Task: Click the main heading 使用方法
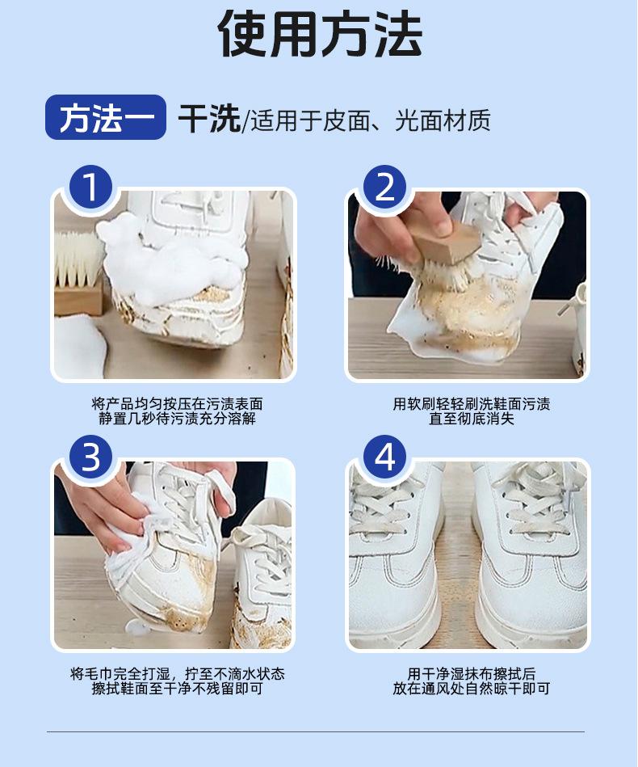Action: (321, 33)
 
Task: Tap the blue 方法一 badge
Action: (106, 117)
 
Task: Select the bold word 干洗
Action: (208, 119)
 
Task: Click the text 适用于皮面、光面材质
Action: (371, 120)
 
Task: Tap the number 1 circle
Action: (91, 188)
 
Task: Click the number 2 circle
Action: (385, 188)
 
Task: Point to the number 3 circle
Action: (91, 457)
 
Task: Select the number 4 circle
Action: (385, 457)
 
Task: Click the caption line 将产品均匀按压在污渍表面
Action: (177, 404)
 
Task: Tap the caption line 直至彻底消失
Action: (472, 419)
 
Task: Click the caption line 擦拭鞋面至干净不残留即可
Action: (177, 689)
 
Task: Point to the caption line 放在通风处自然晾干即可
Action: (472, 689)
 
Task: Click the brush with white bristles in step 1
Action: (78, 273)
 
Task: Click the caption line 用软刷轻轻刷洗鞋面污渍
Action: (472, 404)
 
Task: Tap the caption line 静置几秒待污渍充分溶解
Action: (177, 419)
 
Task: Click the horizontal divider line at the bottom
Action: (316, 731)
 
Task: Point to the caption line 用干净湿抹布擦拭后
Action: (472, 674)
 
